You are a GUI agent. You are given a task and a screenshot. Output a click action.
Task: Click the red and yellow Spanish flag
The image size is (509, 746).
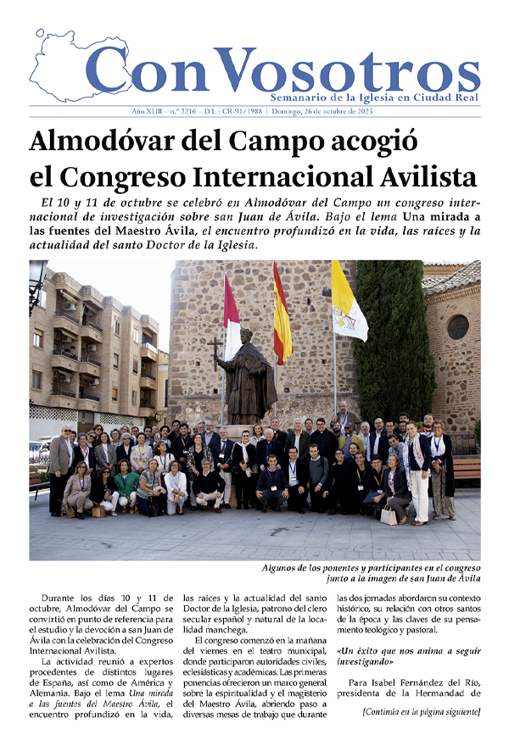point(281,315)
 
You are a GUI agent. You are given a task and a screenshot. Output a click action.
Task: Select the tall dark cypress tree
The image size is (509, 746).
point(394,339)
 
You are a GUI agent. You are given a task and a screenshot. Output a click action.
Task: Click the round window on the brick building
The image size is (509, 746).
point(458,326)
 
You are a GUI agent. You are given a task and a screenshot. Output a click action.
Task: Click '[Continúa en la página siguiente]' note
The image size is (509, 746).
point(420,711)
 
